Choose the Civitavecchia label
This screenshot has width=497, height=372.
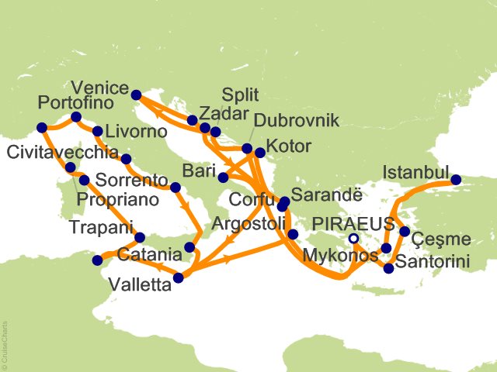tap(63, 151)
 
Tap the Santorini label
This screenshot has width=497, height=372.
tap(432, 263)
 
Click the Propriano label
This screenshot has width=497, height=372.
tap(120, 199)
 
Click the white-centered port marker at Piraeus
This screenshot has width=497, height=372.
tap(353, 239)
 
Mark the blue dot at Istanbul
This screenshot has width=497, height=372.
tap(456, 180)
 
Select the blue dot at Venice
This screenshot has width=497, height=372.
tap(136, 95)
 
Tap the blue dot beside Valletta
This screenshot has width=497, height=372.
tap(179, 277)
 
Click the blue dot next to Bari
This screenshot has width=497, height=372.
tap(223, 177)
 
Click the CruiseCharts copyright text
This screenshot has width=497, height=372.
tap(5, 341)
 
